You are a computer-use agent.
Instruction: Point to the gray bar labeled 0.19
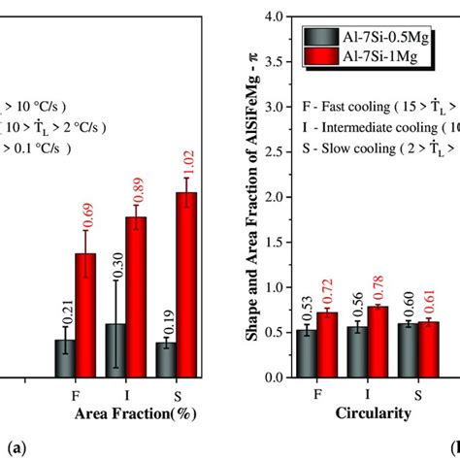tap(165, 359)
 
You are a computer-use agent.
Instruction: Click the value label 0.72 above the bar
tap(328, 292)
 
